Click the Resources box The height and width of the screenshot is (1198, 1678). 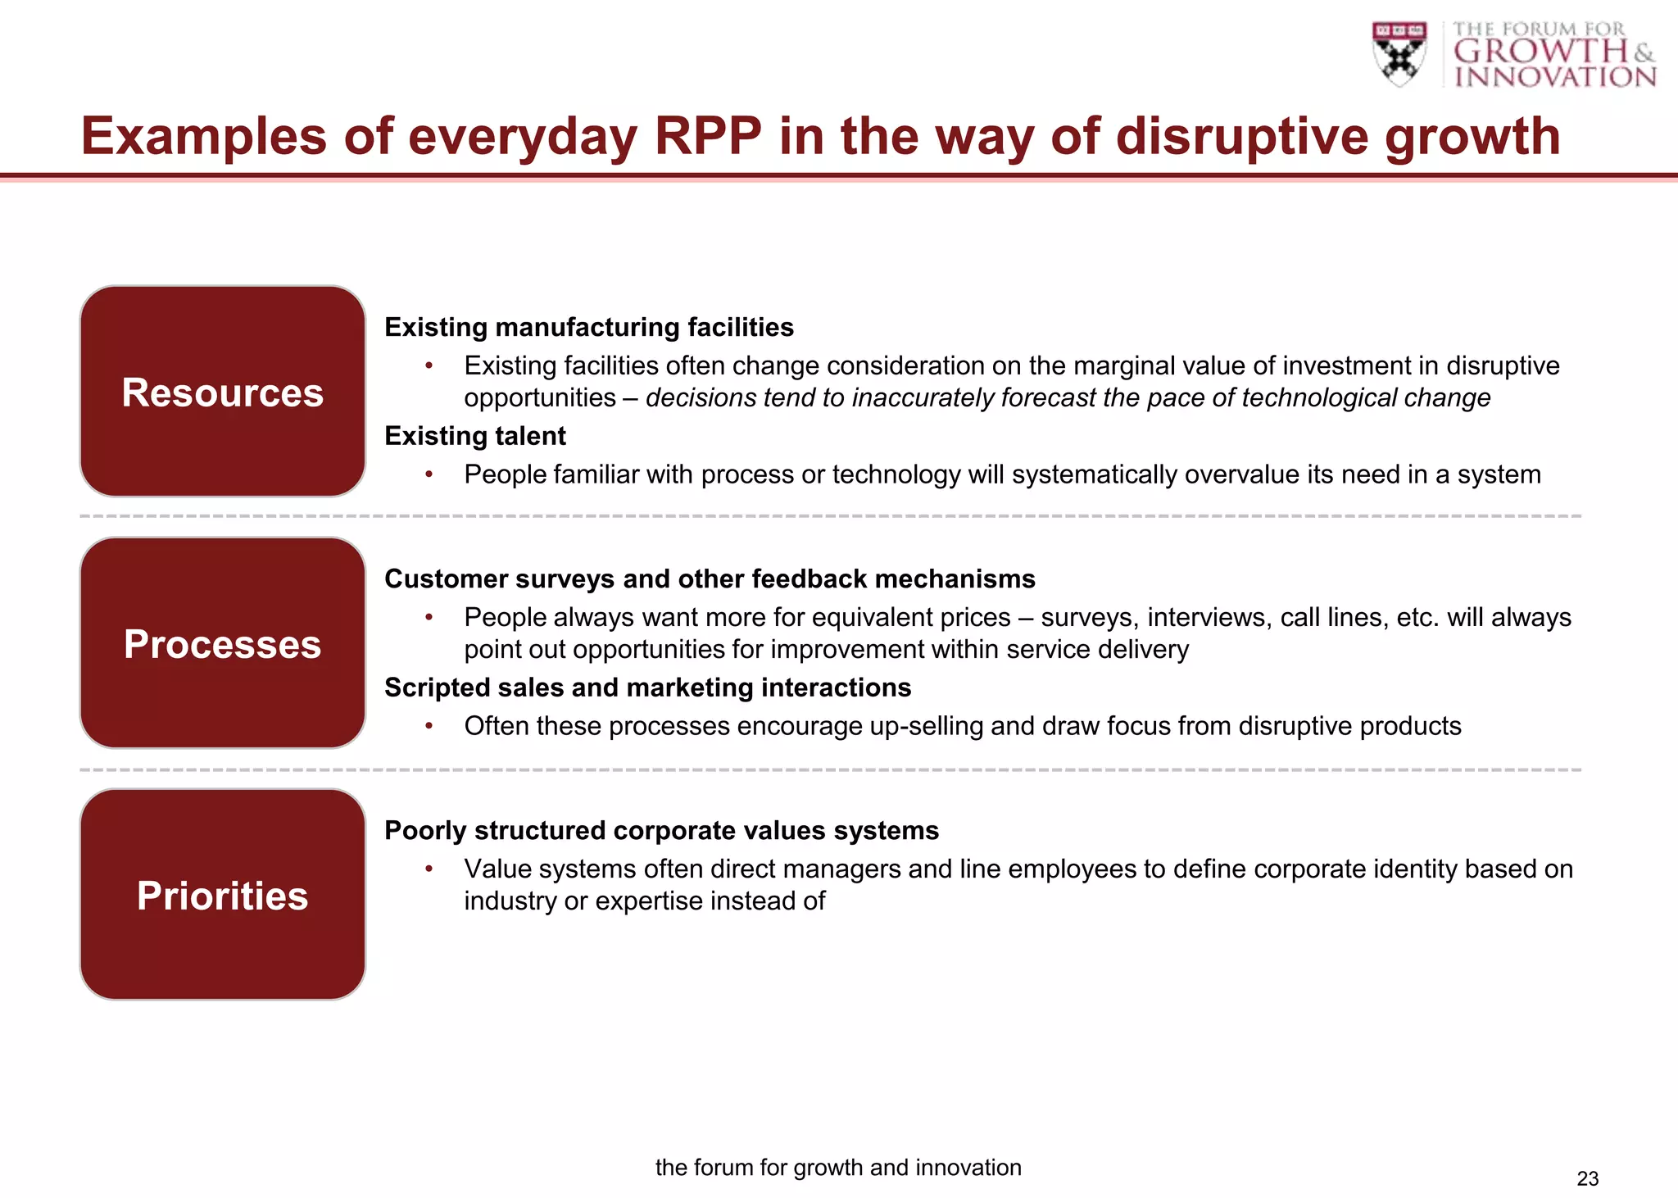(222, 392)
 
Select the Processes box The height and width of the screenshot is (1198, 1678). (222, 643)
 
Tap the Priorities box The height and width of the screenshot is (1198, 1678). (222, 895)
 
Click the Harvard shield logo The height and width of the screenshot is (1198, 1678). (1399, 53)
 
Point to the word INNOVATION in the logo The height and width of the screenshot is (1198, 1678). (1554, 77)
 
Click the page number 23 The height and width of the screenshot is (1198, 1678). (1587, 1178)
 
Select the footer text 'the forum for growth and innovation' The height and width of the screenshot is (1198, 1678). (838, 1167)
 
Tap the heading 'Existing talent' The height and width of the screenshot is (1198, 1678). (475, 436)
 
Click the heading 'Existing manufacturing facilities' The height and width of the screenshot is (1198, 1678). (589, 327)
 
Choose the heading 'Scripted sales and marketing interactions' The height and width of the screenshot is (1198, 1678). (647, 687)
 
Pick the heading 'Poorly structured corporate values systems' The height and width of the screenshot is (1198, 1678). (661, 830)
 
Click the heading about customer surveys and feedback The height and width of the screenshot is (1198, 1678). (710, 579)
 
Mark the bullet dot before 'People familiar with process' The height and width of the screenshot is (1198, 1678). (429, 474)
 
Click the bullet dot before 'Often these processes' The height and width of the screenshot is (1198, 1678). (429, 726)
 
